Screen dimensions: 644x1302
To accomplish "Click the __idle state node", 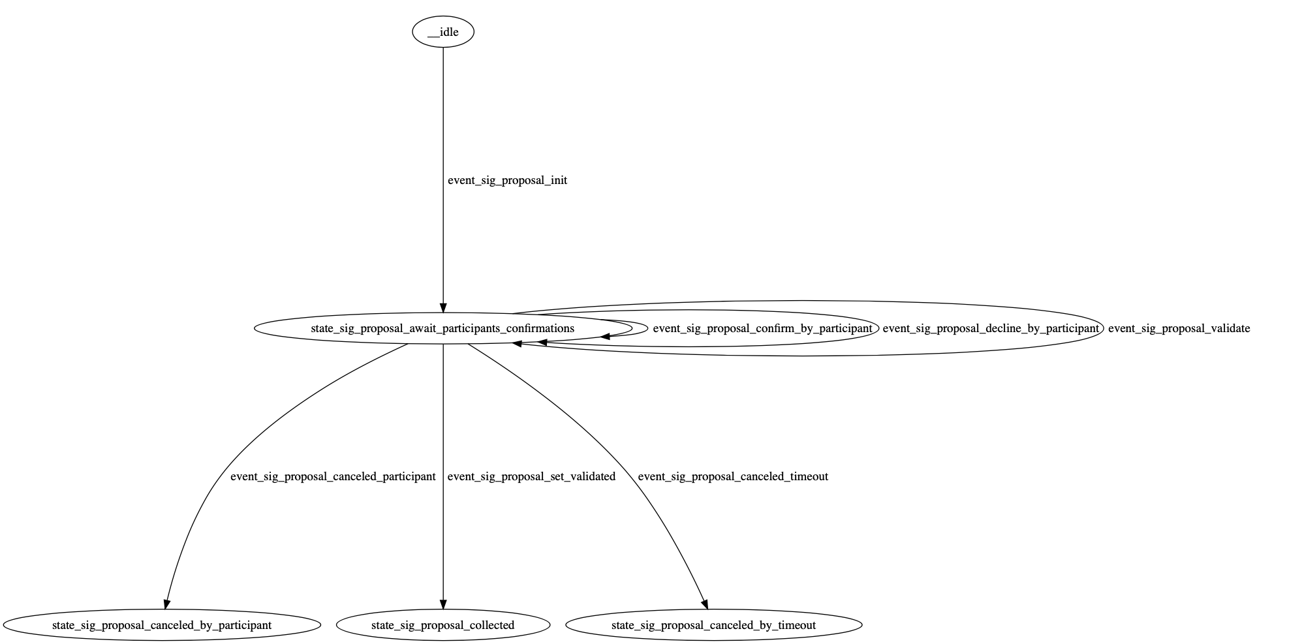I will click(x=442, y=32).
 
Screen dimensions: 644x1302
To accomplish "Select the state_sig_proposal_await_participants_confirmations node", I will click(x=442, y=328).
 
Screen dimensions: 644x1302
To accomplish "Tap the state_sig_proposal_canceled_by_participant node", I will click(x=161, y=625).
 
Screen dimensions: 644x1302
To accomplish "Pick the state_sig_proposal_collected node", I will click(x=442, y=625).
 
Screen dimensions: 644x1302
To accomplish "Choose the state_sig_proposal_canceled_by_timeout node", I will click(x=713, y=625).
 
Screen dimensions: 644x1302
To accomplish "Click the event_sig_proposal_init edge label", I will click(x=507, y=181).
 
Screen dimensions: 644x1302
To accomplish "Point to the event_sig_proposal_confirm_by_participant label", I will click(x=762, y=328).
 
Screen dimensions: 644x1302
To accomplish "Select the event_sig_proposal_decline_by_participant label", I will click(x=991, y=328).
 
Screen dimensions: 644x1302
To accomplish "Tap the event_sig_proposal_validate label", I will click(x=1179, y=328).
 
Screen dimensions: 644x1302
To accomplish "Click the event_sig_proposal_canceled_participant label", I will click(x=333, y=476).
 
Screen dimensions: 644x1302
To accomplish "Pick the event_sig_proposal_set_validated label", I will click(x=531, y=476).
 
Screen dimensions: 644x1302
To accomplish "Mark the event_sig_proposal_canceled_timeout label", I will click(x=733, y=476).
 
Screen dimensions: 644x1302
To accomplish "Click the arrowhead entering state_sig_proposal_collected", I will click(x=443, y=604).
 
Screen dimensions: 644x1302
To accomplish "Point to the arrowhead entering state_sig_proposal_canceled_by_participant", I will click(x=167, y=604).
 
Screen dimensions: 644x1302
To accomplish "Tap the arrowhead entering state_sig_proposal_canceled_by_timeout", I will click(x=704, y=604).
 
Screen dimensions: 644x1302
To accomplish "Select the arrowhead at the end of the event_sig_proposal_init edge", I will click(x=443, y=307).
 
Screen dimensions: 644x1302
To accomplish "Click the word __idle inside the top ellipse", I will click(x=443, y=32).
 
